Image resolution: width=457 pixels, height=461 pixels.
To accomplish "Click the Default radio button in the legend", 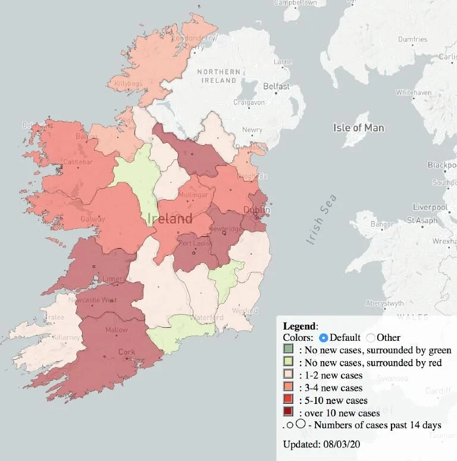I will tap(324, 337).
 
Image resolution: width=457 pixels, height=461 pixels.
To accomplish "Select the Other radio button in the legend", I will tap(371, 337).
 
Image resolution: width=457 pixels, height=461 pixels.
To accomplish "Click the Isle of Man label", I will tap(358, 128).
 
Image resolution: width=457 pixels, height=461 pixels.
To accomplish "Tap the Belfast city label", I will tap(276, 87).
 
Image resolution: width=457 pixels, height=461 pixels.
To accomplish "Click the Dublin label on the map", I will tap(257, 211).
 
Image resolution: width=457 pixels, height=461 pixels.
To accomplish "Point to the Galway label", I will tap(93, 219).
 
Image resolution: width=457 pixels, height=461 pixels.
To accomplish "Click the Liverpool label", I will tap(429, 207).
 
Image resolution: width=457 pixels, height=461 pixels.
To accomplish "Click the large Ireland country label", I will tap(170, 218).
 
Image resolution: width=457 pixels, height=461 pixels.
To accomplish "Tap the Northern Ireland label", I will tap(220, 76).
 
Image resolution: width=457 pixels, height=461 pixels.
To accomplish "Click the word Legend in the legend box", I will tap(300, 325).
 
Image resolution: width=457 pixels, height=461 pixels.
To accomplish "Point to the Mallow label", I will tap(117, 330).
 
